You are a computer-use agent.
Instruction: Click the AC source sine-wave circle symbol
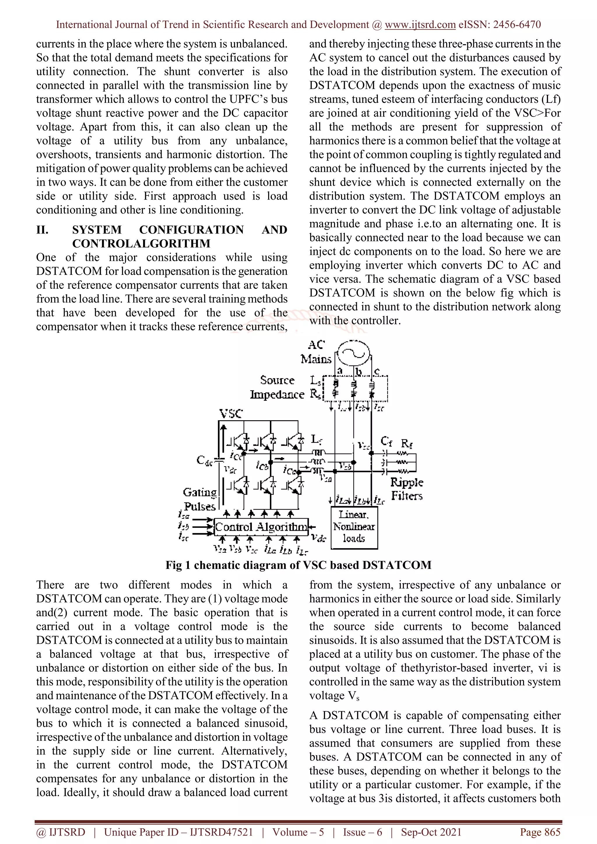point(353,352)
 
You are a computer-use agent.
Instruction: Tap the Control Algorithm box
point(261,527)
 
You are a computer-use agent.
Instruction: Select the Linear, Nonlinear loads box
point(354,527)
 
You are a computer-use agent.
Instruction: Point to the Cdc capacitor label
point(204,460)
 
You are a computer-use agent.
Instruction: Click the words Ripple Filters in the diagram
point(407,489)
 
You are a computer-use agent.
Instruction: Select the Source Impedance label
point(278,387)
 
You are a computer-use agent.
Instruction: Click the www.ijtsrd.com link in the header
point(420,25)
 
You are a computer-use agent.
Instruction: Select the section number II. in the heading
point(42,230)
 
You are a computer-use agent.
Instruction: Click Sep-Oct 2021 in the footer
point(431,832)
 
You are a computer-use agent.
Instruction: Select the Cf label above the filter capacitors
point(386,441)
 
